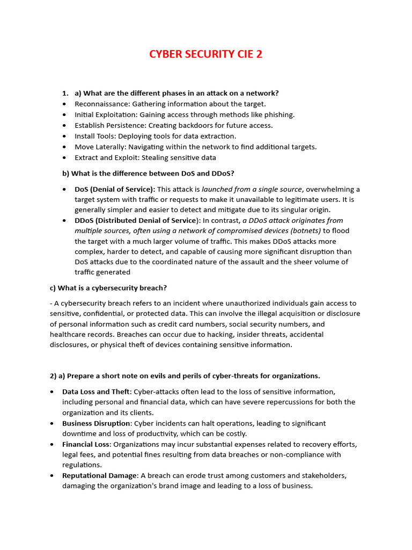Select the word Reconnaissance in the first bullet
(x=102, y=104)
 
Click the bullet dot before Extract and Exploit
(x=65, y=158)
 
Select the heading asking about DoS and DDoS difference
(x=149, y=173)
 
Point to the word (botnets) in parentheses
(x=303, y=230)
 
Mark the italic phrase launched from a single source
(x=252, y=189)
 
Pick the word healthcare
(x=68, y=335)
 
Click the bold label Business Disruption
(x=96, y=423)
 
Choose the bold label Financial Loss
(x=86, y=444)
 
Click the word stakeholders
(x=325, y=475)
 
